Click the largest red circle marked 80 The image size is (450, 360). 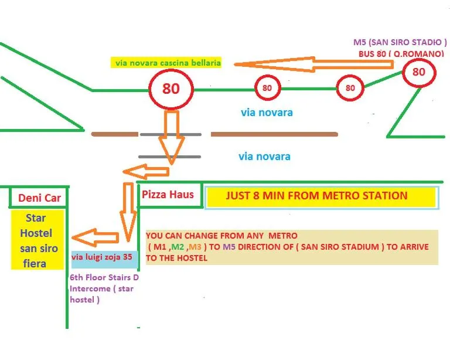point(171,89)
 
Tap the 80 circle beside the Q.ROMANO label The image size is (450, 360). point(419,73)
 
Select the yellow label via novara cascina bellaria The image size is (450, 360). point(166,63)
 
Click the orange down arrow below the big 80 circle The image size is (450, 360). point(172,138)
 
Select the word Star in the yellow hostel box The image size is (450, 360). point(36,219)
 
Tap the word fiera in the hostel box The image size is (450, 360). point(35,263)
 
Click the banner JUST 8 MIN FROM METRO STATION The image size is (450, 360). point(316,196)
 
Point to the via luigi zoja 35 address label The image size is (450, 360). point(102,257)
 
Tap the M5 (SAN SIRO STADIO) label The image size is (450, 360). point(400,43)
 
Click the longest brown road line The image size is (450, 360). point(274,134)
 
